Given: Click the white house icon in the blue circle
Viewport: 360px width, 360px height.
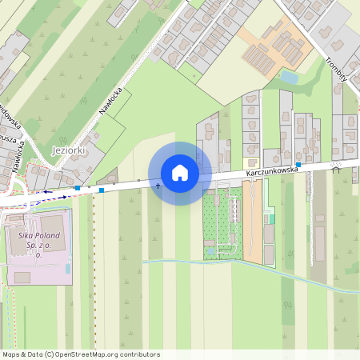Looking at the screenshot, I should click(x=180, y=173).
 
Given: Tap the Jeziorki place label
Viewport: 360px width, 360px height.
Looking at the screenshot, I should click(x=67, y=150).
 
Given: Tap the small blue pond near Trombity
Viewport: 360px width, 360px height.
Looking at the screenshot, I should click(x=289, y=78).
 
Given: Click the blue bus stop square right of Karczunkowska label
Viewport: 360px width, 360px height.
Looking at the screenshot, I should click(x=298, y=164).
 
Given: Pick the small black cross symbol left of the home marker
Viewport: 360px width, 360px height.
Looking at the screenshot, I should click(x=157, y=186).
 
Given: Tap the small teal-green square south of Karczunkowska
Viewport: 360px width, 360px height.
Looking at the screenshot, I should click(x=271, y=218).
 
